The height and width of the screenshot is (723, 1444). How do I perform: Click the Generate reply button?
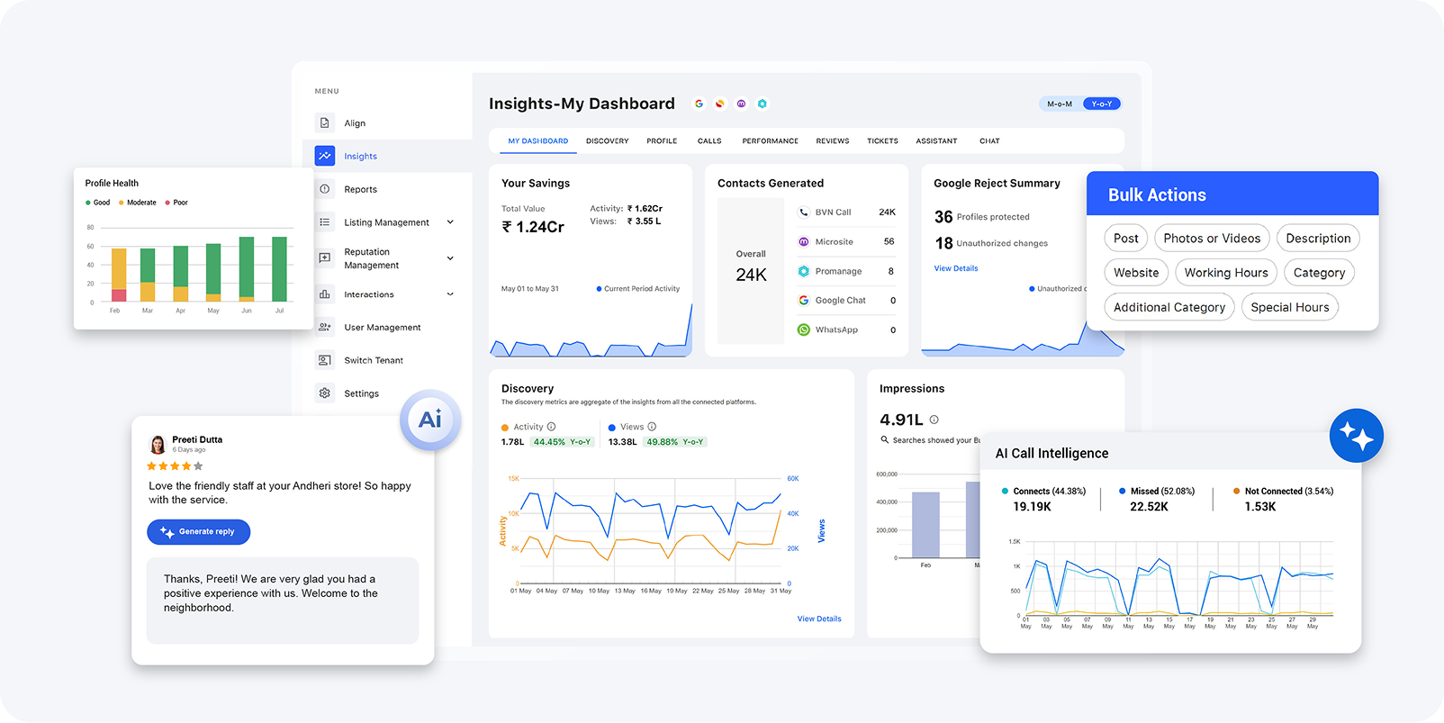click(199, 532)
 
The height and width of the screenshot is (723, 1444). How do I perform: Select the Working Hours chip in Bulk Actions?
click(1225, 273)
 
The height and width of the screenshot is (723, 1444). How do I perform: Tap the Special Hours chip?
click(1289, 307)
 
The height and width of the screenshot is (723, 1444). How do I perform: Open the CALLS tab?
click(709, 141)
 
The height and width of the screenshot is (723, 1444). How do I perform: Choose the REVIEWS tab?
click(832, 141)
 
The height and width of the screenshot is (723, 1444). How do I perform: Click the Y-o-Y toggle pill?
click(1101, 104)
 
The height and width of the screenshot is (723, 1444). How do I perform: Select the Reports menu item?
click(360, 189)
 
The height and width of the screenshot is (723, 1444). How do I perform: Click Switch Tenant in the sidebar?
click(373, 360)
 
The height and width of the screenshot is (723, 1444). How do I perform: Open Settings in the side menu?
click(361, 393)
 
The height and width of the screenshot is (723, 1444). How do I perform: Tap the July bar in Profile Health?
click(279, 269)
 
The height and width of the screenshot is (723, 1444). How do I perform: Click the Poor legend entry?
click(180, 203)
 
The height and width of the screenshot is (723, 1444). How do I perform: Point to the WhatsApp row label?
click(836, 330)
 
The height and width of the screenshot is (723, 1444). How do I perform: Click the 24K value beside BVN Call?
click(887, 212)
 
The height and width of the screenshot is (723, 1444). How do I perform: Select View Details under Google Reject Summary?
click(956, 268)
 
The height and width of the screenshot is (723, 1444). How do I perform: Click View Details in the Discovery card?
click(819, 619)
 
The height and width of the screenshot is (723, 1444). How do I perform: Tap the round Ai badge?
click(430, 420)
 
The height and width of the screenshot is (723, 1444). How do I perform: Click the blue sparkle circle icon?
click(1356, 436)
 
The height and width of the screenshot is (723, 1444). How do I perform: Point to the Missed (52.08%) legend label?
click(1162, 491)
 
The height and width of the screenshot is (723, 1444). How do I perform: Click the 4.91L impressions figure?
click(901, 420)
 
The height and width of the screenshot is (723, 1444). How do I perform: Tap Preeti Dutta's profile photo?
click(158, 444)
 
